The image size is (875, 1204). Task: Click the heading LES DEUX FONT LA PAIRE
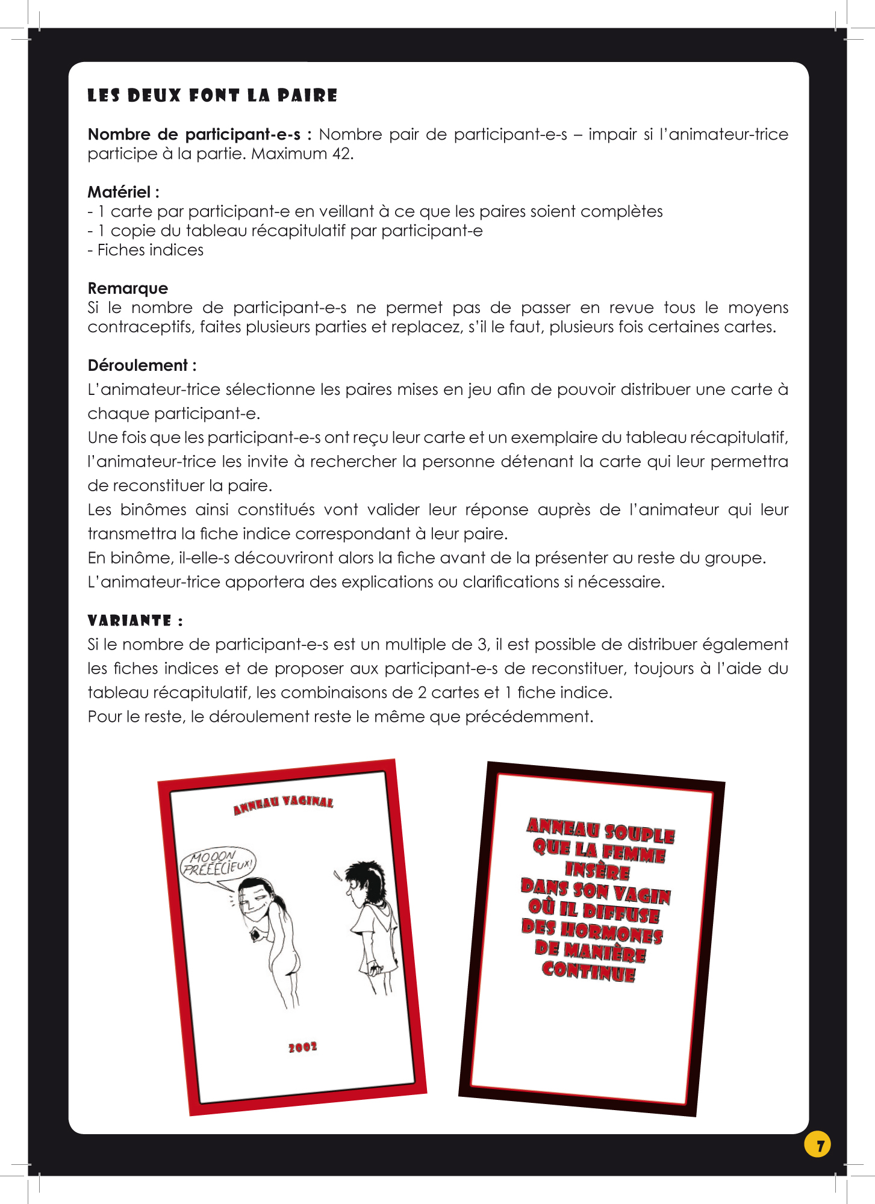[x=212, y=96]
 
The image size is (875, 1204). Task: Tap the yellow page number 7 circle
[x=817, y=1144]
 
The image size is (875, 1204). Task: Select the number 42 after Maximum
[x=341, y=154]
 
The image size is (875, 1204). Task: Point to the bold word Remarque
[x=128, y=288]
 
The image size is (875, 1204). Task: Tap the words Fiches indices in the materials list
[x=151, y=250]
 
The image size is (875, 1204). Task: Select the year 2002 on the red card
[x=302, y=1047]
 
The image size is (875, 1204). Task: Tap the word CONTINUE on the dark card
[x=588, y=971]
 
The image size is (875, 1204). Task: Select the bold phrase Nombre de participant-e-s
[x=194, y=134]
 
